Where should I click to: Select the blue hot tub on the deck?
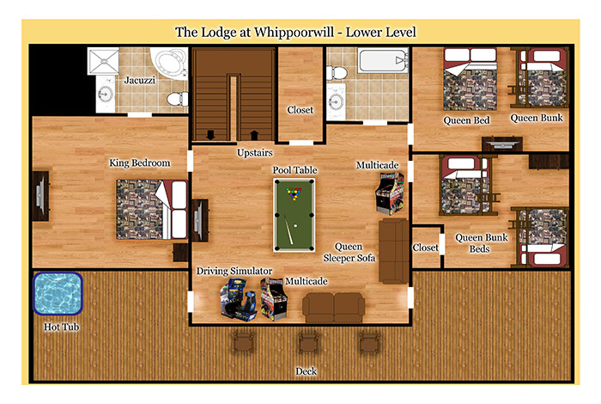pyautogui.click(x=57, y=293)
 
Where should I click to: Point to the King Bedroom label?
pyautogui.click(x=140, y=162)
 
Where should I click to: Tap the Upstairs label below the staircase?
pyautogui.click(x=255, y=154)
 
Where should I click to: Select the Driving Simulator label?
pyautogui.click(x=234, y=271)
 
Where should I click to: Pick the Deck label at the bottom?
pyautogui.click(x=307, y=371)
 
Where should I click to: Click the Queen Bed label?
pyautogui.click(x=467, y=119)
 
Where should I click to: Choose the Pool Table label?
pyautogui.click(x=295, y=170)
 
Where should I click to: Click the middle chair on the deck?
pyautogui.click(x=307, y=342)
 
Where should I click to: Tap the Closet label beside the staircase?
pyautogui.click(x=300, y=110)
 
